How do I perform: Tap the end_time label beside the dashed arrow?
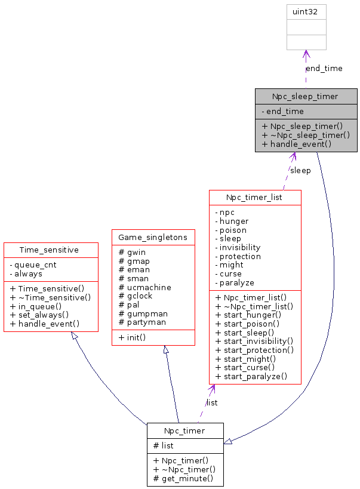[324, 69]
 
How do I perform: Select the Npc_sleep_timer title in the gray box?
[305, 96]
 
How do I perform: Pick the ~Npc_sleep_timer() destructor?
[306, 135]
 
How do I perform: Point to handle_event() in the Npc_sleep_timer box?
[296, 144]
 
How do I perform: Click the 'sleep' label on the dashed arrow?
[300, 171]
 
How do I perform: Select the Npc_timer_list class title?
[255, 197]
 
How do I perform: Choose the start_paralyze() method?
[251, 376]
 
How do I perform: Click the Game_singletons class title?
[153, 237]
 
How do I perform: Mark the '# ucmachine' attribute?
[145, 287]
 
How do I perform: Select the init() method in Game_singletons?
[133, 337]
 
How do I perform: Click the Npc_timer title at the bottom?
[185, 430]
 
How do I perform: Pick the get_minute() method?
[183, 479]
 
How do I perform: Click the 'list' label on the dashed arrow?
[212, 403]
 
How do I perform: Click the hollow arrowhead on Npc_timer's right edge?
[228, 442]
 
